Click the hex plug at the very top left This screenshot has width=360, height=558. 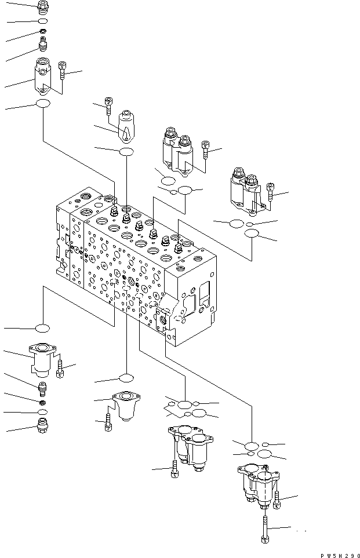pos(42,6)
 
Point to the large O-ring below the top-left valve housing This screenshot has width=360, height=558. pos(43,104)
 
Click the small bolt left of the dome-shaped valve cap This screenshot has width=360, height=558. pos(108,104)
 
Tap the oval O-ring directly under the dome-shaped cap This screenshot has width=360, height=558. pos(126,152)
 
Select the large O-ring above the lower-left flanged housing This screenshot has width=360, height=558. pos(43,329)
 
